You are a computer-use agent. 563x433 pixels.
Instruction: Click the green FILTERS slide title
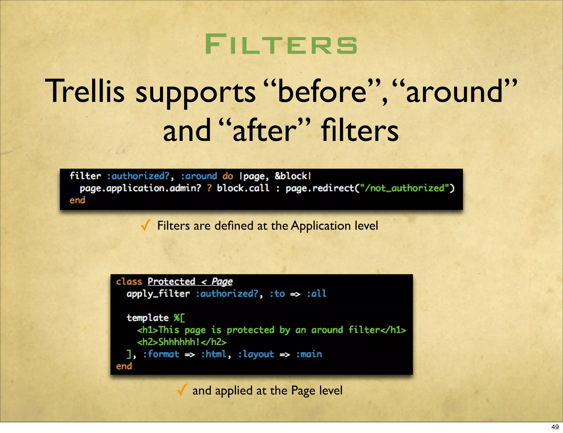[281, 44]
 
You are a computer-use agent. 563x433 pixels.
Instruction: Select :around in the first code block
[199, 176]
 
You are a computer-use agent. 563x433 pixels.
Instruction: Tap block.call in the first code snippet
[243, 188]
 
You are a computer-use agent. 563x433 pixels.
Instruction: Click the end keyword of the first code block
[77, 200]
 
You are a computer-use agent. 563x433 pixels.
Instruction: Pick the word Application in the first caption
[321, 226]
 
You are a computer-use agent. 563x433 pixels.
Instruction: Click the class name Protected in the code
[171, 281]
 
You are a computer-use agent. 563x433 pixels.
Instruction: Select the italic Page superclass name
[222, 281]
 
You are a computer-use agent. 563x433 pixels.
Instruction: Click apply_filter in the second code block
[158, 294]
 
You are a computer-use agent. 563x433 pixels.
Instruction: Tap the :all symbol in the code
[316, 294]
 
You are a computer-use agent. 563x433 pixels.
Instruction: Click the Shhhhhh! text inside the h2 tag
[179, 342]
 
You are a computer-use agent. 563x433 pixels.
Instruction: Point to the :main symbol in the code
[309, 354]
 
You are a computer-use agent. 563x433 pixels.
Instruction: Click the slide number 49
[555, 427]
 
